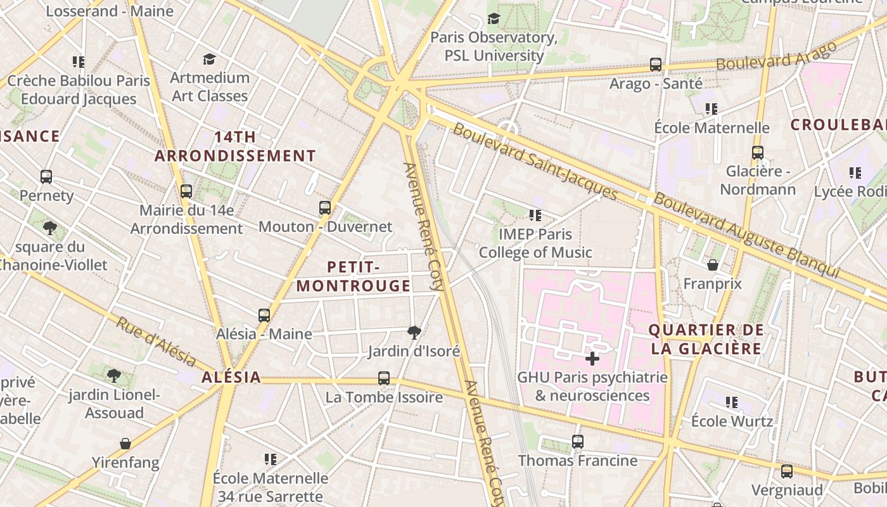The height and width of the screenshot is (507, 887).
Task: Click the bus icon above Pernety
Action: tap(46, 177)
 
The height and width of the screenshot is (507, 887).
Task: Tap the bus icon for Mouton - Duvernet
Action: tap(325, 208)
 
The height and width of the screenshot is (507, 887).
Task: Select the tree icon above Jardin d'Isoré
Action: tap(414, 332)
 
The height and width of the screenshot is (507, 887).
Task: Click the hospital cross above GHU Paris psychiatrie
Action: tap(592, 359)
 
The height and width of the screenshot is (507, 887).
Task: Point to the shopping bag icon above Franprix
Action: tap(713, 265)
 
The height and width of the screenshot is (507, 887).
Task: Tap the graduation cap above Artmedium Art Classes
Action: tap(210, 60)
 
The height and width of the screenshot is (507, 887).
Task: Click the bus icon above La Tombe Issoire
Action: tap(384, 378)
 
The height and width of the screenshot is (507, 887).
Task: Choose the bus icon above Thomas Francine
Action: tap(578, 442)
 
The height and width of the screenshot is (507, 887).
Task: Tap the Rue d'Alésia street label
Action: tap(156, 341)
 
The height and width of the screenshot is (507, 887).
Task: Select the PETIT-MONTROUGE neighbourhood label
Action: tap(354, 276)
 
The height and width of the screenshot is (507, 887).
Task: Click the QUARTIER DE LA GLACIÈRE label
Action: tap(705, 339)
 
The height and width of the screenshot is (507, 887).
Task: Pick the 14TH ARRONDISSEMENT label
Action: tap(235, 146)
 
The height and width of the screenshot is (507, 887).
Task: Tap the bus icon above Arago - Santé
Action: tap(656, 65)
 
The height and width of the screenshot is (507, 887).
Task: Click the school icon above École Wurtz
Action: tap(732, 402)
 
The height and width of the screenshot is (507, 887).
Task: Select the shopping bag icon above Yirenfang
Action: tap(125, 444)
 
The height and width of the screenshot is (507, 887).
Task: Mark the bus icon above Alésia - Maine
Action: tap(264, 315)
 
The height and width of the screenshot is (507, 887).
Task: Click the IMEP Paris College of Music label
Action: tap(535, 243)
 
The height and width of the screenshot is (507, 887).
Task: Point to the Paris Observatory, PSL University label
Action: tap(494, 46)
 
